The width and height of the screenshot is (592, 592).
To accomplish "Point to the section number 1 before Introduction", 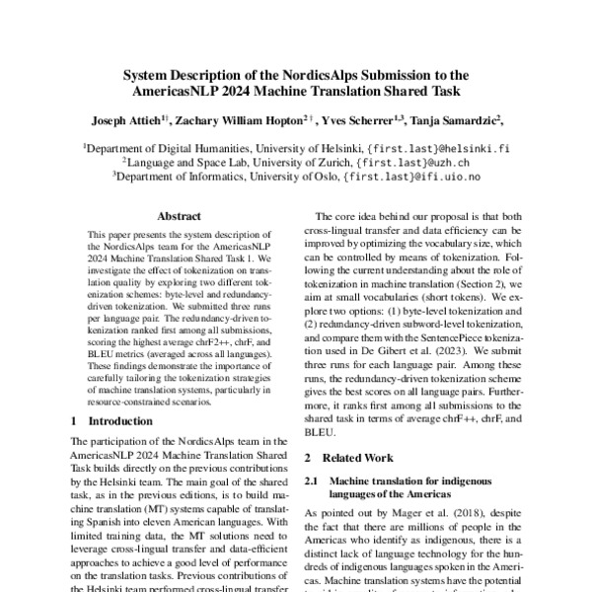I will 75,420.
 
